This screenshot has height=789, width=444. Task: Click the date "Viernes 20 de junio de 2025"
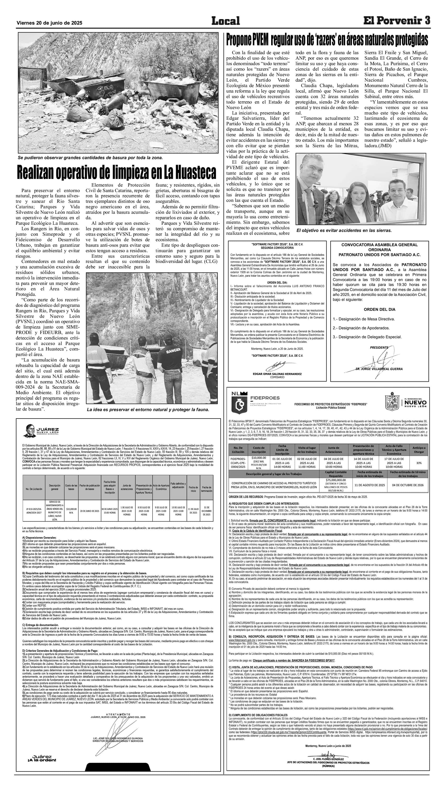49,23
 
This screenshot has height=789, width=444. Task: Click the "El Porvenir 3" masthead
396,21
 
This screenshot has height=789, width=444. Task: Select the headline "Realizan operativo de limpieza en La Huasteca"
116,172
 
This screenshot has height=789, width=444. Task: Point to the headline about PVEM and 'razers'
327,40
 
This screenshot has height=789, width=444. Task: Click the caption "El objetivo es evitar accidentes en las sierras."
344,230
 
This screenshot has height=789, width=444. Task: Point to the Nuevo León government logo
405,401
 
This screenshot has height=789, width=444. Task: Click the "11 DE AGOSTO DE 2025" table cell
370,485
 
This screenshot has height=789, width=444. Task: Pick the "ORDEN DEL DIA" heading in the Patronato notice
379,309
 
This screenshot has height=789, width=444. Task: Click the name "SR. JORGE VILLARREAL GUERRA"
379,369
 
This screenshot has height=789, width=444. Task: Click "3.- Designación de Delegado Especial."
367,337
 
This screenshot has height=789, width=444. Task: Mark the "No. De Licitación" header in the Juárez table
34,489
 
